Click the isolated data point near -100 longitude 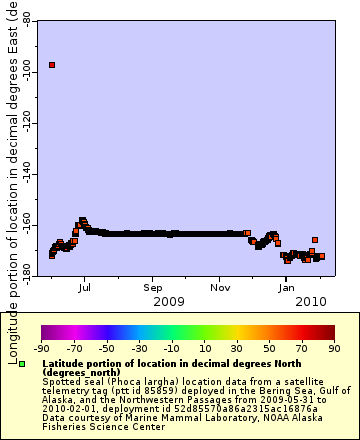point(52,65)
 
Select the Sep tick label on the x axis point(152,285)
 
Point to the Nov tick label point(220,285)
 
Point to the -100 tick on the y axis point(27,72)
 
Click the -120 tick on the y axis point(27,124)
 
